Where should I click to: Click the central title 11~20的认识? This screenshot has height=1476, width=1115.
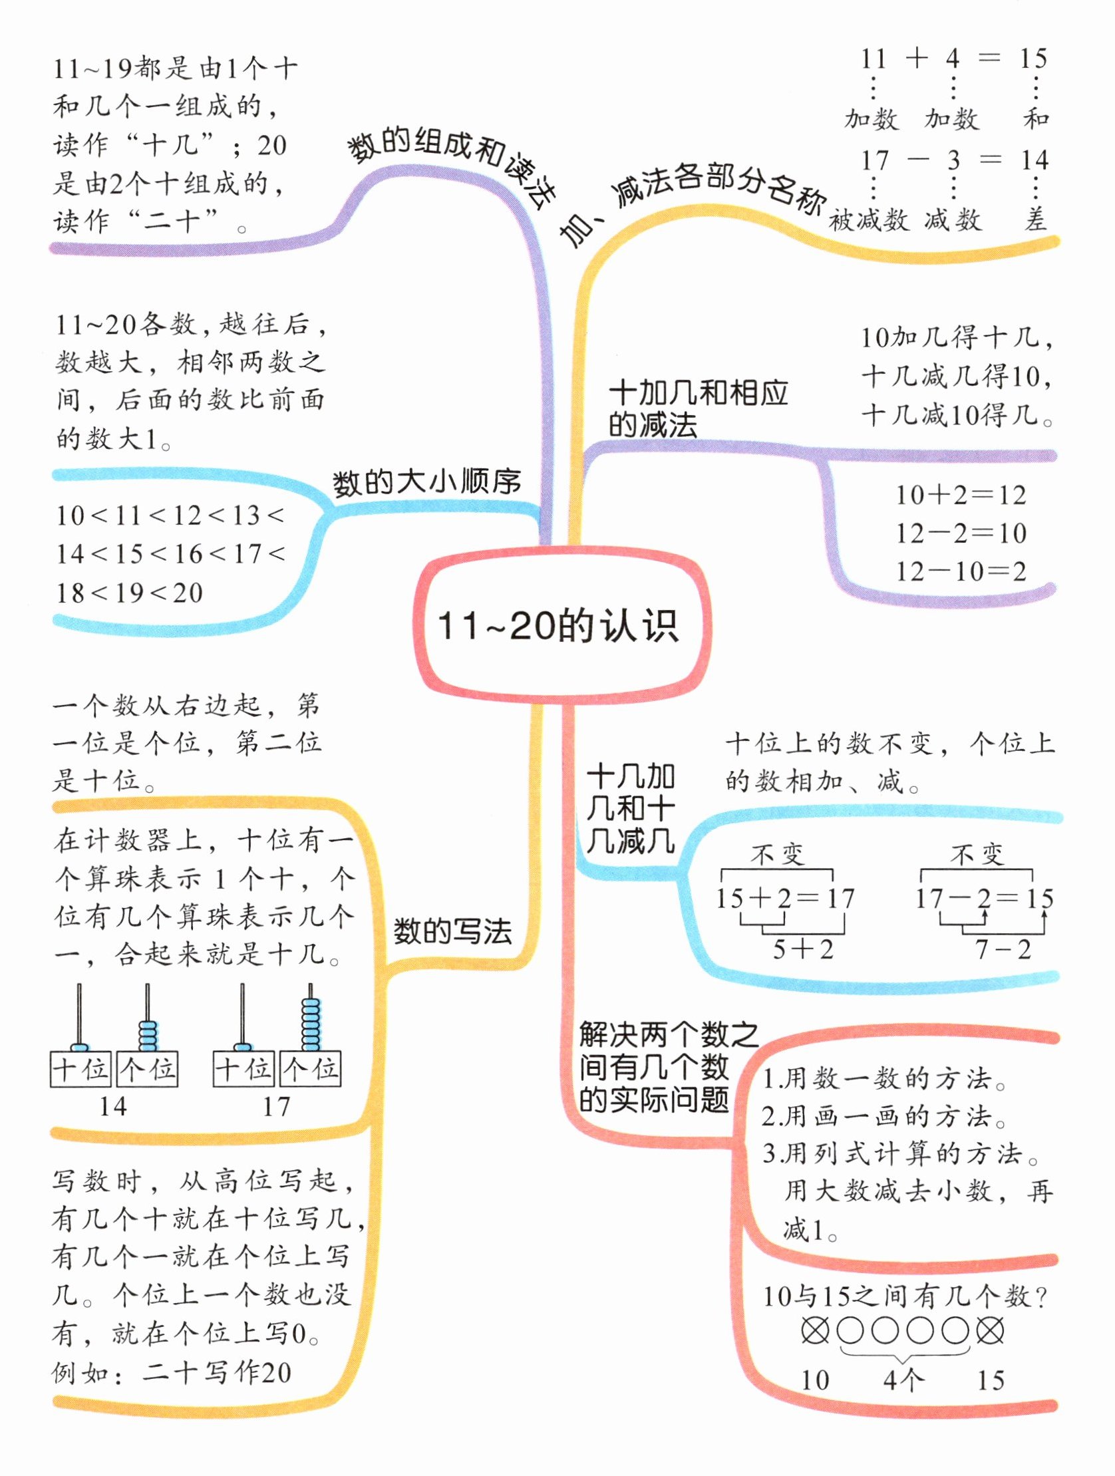pos(558,627)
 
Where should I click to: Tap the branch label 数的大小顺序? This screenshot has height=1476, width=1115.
pos(426,482)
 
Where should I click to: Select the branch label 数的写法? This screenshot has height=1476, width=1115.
pos(452,931)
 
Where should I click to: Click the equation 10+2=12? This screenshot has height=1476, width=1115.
pos(960,495)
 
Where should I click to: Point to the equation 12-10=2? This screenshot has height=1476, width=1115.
pos(960,572)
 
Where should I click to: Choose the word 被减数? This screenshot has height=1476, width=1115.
pos(869,220)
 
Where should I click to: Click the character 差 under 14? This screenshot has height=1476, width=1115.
pos(1035,220)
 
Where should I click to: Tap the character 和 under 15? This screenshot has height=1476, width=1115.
pos(1036,119)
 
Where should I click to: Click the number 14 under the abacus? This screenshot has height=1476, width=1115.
pos(113,1107)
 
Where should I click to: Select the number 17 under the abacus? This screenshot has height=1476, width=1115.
pos(276,1107)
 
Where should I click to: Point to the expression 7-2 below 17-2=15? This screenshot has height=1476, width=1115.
pos(1003,949)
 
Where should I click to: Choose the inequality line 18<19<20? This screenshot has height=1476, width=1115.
pos(130,593)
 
